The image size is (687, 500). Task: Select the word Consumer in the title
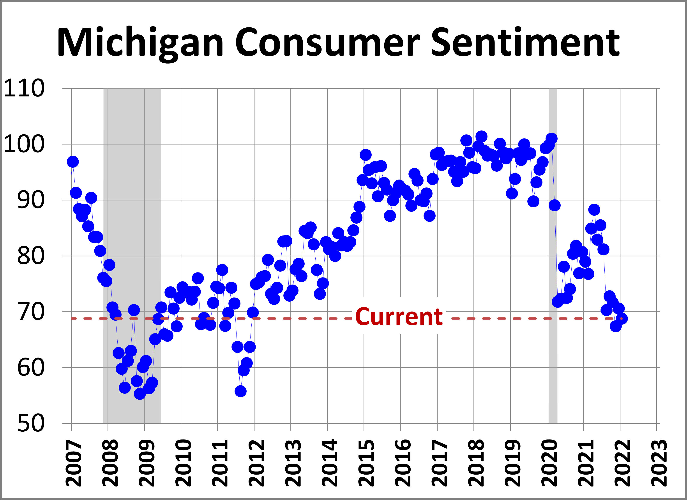(x=327, y=43)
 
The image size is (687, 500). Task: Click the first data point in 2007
(x=73, y=162)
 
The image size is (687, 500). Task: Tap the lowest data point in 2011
(x=240, y=391)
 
